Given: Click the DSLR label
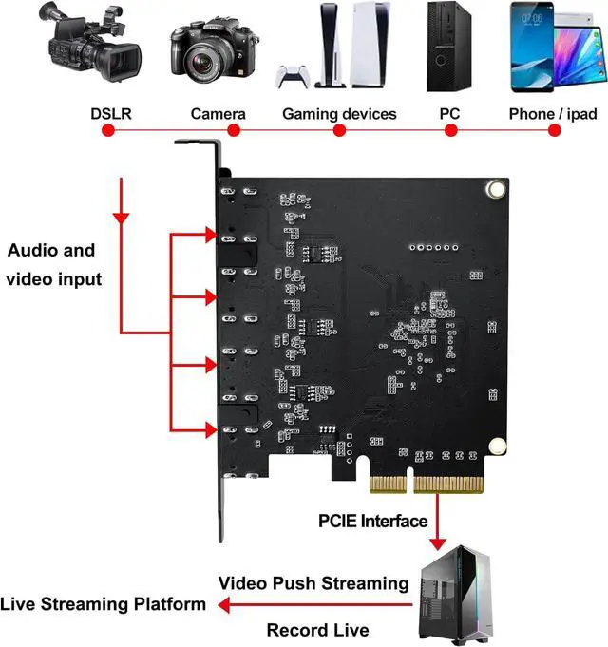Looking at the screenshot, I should [111, 114].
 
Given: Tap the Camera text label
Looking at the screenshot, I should [218, 114].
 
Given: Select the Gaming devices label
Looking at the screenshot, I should [339, 114].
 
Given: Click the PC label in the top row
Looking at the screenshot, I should [449, 114].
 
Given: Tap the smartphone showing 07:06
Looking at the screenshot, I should [534, 48].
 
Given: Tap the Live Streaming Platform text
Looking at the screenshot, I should [103, 603].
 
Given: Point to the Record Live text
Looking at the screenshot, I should [317, 629].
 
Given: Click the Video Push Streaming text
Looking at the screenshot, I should [313, 582].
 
